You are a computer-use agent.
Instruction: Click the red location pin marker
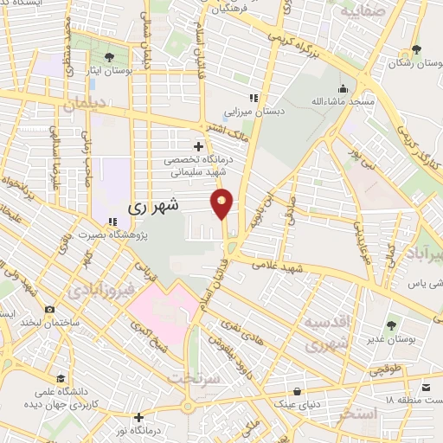(222, 203)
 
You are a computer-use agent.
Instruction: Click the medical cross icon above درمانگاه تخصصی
(199, 146)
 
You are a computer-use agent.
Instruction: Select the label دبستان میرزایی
(279, 111)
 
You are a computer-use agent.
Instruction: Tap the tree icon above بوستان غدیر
(391, 326)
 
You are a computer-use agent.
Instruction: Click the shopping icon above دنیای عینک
(298, 390)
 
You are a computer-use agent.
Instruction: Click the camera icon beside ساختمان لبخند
(49, 310)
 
